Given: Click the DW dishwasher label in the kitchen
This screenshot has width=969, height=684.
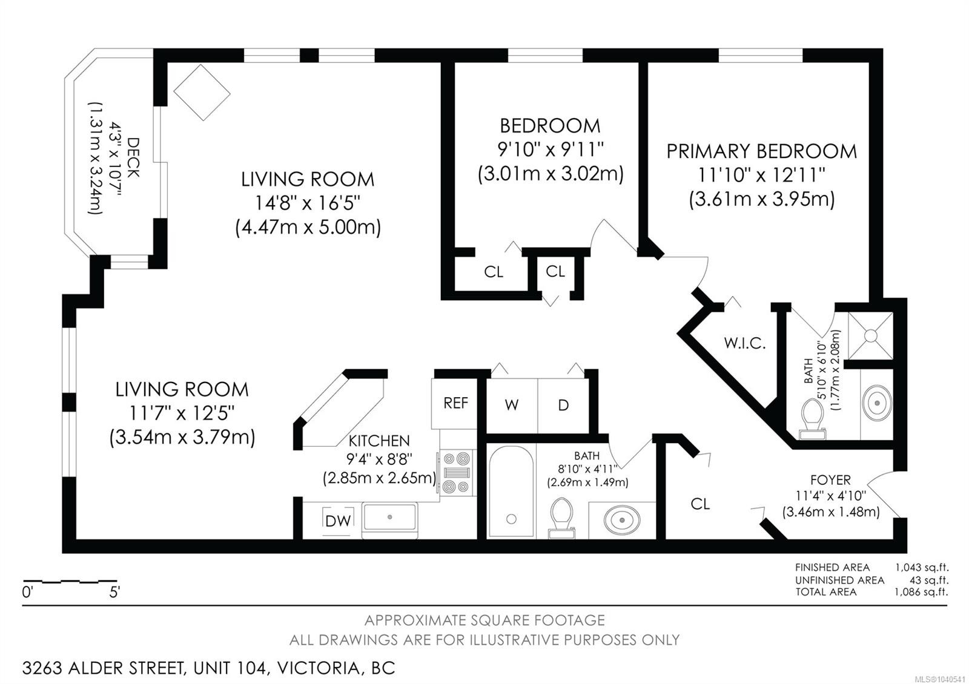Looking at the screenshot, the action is [x=338, y=521].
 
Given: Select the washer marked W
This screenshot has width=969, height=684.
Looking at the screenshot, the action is [x=512, y=406].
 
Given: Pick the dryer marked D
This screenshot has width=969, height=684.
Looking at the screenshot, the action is [x=563, y=406].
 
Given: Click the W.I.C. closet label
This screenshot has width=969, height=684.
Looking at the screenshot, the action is [x=745, y=343].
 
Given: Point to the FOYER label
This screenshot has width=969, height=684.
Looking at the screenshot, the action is [x=830, y=480].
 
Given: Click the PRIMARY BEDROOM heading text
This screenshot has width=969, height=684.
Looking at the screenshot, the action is [x=761, y=151].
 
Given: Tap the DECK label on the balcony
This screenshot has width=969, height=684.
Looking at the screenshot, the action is [x=133, y=157].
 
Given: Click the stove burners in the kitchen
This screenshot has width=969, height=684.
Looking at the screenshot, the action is [x=457, y=473].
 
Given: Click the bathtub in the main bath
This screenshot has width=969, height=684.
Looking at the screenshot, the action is [x=511, y=492].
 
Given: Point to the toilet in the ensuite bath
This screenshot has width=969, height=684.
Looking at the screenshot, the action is [x=812, y=418].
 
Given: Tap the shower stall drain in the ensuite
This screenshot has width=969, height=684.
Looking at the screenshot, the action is [x=870, y=336].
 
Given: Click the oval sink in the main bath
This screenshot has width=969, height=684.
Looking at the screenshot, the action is [x=622, y=519].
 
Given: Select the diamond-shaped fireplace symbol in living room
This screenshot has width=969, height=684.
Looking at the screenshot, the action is [x=202, y=93].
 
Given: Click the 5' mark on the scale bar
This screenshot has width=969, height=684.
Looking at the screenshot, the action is [x=114, y=592].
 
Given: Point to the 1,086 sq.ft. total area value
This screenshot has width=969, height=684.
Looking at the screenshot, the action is [x=921, y=592].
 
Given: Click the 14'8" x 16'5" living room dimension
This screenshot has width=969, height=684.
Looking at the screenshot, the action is [x=307, y=203].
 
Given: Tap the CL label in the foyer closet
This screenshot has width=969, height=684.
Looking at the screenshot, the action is [x=700, y=504].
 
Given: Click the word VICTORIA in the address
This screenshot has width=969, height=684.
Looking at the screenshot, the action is [x=319, y=668].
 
